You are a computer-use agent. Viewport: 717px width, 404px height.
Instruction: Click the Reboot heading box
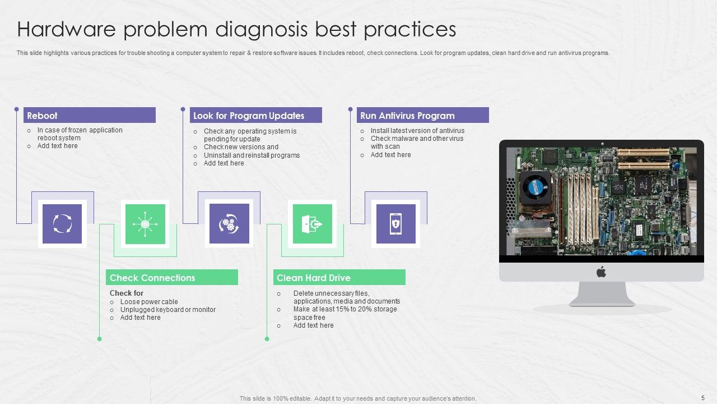[x=90, y=116]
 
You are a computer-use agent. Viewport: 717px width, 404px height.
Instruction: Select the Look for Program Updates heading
[x=255, y=116]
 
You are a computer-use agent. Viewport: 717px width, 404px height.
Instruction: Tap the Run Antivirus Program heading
[x=422, y=116]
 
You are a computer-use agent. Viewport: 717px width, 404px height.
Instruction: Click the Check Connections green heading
[x=171, y=278]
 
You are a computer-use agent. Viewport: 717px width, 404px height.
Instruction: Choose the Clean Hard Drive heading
[x=339, y=278]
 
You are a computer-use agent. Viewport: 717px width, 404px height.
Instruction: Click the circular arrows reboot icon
[x=62, y=224]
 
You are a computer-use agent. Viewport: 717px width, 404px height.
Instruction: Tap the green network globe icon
[x=145, y=224]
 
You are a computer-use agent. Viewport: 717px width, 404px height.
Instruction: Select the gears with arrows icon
[x=229, y=224]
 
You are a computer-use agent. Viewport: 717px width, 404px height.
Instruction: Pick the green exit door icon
[x=312, y=224]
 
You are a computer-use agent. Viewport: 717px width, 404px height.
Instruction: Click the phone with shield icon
[x=395, y=224]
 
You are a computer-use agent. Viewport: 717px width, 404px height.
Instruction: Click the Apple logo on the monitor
[x=601, y=272]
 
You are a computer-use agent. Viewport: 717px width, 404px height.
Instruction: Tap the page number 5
[x=702, y=398]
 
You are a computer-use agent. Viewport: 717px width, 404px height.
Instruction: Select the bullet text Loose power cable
[x=149, y=302]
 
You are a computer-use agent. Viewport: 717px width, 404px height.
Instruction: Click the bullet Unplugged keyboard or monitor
[x=167, y=310]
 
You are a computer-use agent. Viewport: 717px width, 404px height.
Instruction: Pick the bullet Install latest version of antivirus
[x=417, y=131]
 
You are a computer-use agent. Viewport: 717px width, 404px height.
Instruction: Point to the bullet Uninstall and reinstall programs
[x=252, y=155]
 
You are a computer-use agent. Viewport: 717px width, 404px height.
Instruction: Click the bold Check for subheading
[x=127, y=293]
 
